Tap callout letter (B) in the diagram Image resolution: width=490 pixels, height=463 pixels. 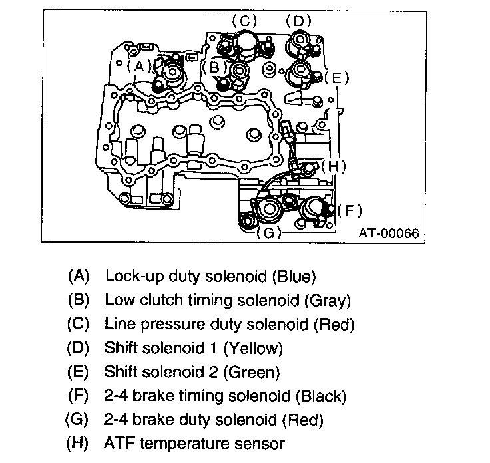click(x=214, y=67)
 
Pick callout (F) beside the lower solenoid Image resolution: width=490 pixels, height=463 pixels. click(x=349, y=210)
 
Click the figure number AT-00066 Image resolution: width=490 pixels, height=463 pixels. click(x=390, y=233)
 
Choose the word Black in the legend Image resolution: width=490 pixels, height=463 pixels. click(x=322, y=396)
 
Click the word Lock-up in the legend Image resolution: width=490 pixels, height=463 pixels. click(x=129, y=275)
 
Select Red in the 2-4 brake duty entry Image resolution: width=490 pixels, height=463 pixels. click(x=303, y=420)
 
